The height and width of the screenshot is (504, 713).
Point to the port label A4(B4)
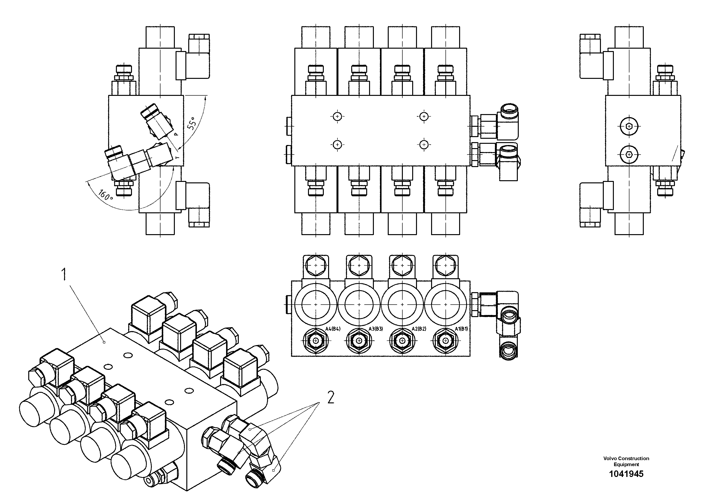click(x=333, y=329)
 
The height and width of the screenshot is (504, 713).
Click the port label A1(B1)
click(x=462, y=329)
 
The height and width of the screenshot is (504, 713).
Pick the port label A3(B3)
click(x=376, y=329)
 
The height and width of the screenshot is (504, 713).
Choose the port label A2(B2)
click(x=419, y=329)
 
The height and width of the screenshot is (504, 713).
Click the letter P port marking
click(x=176, y=134)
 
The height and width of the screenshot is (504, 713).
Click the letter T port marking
click(x=177, y=157)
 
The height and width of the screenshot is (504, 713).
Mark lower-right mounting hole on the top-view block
click(x=424, y=145)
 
